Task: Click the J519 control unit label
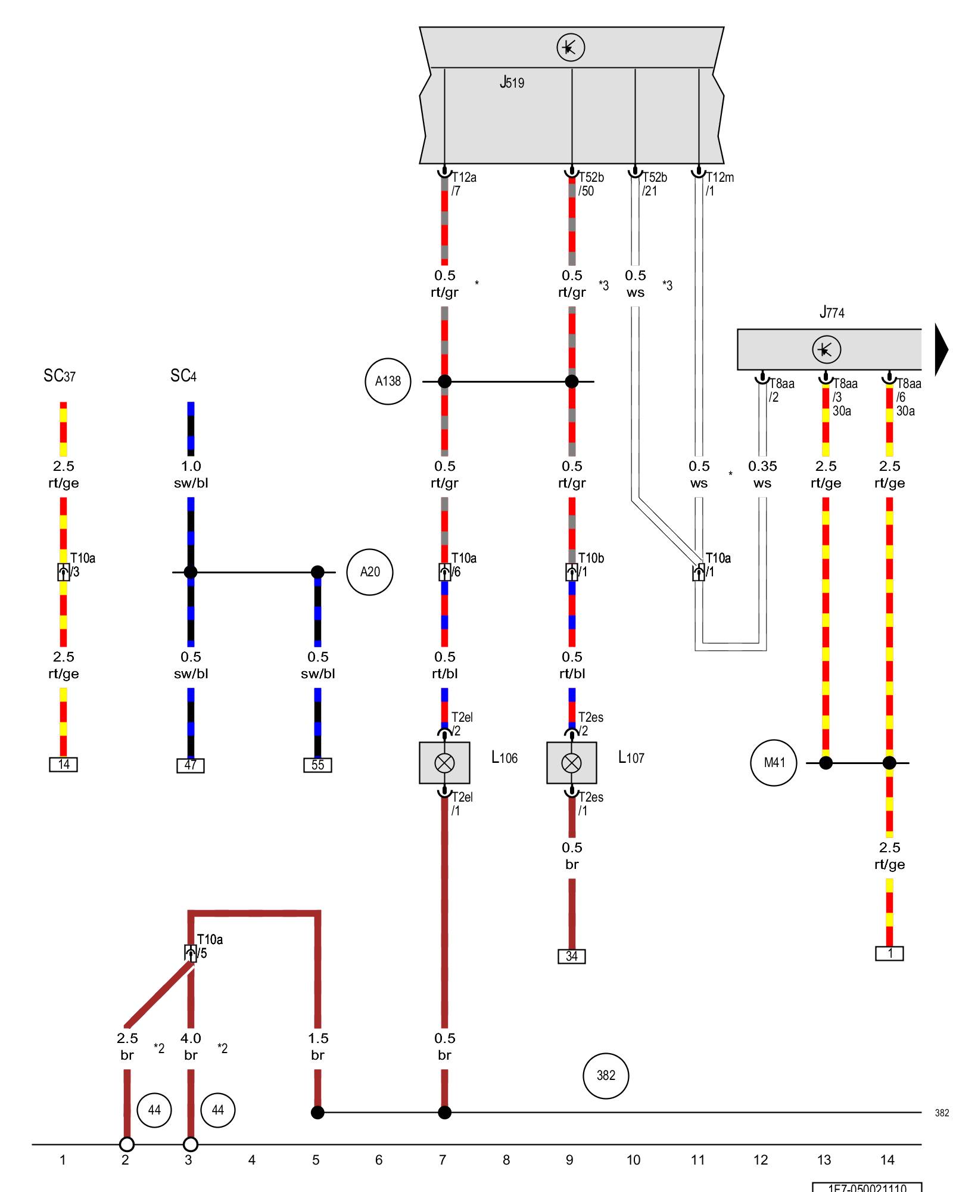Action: coord(512,82)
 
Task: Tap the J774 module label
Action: coord(831,312)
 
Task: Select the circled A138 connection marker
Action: coord(388,381)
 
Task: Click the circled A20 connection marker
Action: coord(370,572)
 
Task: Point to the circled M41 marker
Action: coord(774,763)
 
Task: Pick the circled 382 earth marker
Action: coord(606,1075)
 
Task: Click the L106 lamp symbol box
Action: coord(444,763)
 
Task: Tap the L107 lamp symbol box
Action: coord(572,763)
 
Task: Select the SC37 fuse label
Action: coord(60,375)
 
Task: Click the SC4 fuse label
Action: coord(183,375)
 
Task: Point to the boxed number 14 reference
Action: coord(64,765)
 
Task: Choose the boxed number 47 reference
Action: coord(191,765)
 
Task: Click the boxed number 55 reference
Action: coord(317,765)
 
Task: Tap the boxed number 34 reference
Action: coord(572,957)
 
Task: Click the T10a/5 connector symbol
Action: coord(191,952)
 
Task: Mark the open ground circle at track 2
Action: coord(127,1144)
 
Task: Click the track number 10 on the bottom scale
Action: coord(633,1160)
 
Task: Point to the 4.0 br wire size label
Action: coord(191,1047)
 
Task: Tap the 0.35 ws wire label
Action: coord(762,474)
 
